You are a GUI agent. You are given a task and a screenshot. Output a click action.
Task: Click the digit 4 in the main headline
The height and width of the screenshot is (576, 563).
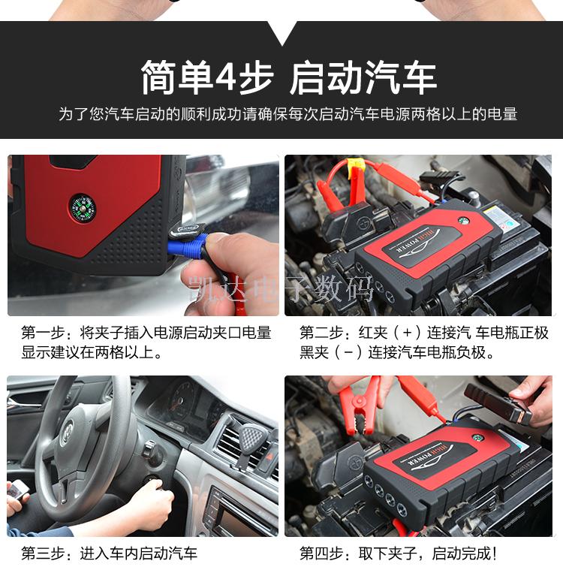225,77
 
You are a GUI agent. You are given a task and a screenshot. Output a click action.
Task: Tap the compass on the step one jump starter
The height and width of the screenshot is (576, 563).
83,209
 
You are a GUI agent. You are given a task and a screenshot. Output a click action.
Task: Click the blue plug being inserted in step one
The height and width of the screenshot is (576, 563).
188,245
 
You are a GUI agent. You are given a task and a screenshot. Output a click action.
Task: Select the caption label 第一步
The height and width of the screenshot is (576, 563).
43,333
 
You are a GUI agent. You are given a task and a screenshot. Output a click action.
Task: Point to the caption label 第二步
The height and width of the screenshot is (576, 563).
321,333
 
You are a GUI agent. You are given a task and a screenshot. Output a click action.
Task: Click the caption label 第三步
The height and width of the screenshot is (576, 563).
43,553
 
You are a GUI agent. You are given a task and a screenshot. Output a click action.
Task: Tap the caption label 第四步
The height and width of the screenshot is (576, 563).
321,553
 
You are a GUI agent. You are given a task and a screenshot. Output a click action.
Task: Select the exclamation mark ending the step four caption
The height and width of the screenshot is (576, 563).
495,553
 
